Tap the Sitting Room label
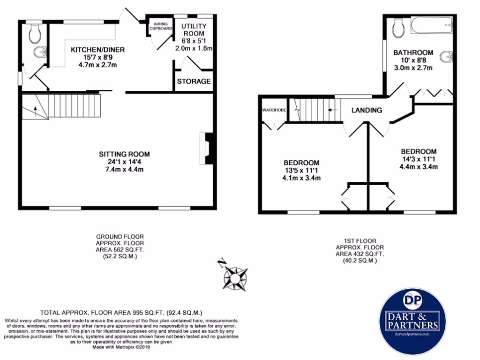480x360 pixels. pyautogui.click(x=124, y=154)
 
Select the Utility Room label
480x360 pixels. pyautogui.click(x=193, y=30)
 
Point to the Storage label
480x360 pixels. pyautogui.click(x=194, y=82)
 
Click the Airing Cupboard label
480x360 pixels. pyautogui.click(x=161, y=26)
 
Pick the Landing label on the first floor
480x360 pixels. pyautogui.click(x=367, y=111)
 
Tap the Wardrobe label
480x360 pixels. pyautogui.click(x=273, y=111)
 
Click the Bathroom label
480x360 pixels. pyautogui.click(x=412, y=52)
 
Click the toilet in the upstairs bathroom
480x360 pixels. pyautogui.click(x=398, y=28)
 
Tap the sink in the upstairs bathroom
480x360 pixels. pyautogui.click(x=446, y=57)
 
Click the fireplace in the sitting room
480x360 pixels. pyautogui.click(x=207, y=149)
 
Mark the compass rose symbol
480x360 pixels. pyautogui.click(x=235, y=278)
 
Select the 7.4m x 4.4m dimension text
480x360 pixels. pyautogui.click(x=124, y=169)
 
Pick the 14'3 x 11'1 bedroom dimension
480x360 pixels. pyautogui.click(x=418, y=159)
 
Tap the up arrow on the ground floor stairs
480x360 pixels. pyautogui.click(x=35, y=111)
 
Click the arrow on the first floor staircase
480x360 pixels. pyautogui.click(x=330, y=111)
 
